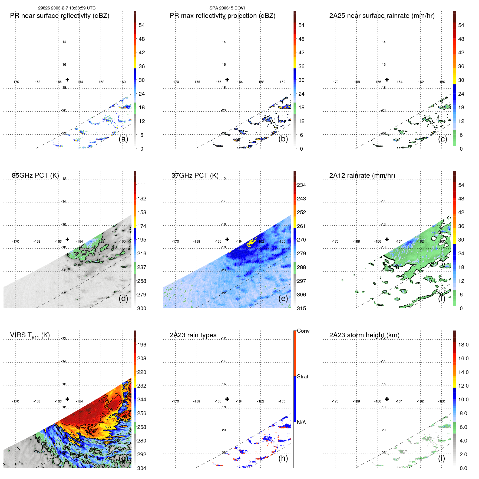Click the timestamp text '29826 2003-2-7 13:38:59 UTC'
(67, 8)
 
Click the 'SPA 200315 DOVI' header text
(227, 8)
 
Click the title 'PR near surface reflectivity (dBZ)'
(60, 16)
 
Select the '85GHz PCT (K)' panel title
(35, 175)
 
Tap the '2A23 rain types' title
(193, 335)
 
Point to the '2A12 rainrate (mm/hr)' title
(362, 175)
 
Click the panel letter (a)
(123, 139)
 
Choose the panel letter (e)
(283, 298)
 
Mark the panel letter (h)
(283, 458)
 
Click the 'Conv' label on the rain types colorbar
(303, 331)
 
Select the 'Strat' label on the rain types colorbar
(302, 376)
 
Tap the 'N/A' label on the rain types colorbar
(301, 422)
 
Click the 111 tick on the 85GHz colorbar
(142, 185)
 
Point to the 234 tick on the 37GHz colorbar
(301, 185)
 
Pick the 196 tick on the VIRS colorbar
(142, 345)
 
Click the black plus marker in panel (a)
(67, 80)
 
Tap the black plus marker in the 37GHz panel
(227, 239)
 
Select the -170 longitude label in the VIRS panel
(16, 401)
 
